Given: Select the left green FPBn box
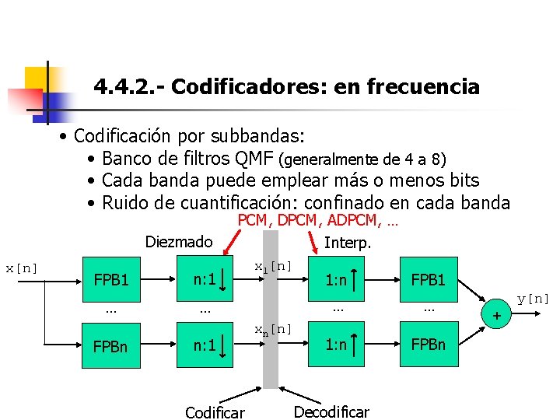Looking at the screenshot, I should pos(110,345).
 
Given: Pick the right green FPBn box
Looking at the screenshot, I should pos(428,345).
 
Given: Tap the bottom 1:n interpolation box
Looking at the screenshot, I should pos(338,345).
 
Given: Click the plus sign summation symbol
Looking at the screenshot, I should pos(494,315).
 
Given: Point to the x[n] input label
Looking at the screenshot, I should pos(23,268).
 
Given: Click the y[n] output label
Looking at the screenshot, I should pos(534,299).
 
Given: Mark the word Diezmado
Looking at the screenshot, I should pos(178,242).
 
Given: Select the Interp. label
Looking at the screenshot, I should pos(348,243).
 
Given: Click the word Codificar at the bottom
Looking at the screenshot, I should pos(215,411).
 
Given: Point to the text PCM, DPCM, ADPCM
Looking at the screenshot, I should pos(317,222).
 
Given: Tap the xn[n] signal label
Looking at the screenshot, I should pos(274,329).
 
